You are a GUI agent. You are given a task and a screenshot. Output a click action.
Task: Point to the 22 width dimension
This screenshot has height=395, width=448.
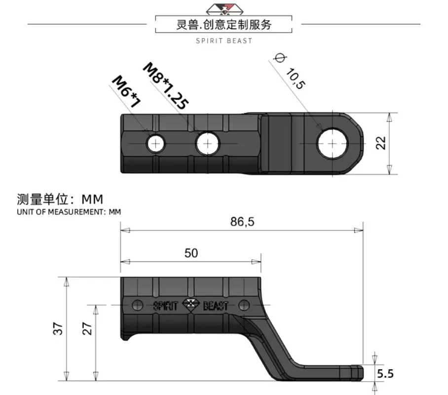coord(380,143)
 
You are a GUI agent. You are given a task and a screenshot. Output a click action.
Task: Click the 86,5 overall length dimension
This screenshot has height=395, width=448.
coord(242,222)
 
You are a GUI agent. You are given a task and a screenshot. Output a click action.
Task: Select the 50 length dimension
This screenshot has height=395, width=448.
coord(191,253)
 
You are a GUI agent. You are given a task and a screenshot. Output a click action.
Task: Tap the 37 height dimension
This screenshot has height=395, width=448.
coord(59,328)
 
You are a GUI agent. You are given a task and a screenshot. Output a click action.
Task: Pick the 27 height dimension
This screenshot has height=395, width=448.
coord(87,328)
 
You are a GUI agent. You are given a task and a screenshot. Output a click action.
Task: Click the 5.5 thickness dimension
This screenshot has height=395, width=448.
coord(385,374)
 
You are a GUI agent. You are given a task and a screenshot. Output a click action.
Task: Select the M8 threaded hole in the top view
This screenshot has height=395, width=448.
coord(208,144)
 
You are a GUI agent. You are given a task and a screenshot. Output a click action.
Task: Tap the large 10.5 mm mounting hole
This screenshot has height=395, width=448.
coord(333,143)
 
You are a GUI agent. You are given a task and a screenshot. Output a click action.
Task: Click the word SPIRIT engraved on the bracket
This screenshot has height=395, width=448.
coord(165,306)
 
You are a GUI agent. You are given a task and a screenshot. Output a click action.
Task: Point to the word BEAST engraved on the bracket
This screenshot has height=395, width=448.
coord(216,306)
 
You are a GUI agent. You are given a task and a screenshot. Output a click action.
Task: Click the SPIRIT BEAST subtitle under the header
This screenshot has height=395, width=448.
coord(224,41)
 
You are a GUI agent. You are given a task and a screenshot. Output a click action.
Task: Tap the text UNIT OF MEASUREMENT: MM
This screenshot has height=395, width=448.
coord(69,212)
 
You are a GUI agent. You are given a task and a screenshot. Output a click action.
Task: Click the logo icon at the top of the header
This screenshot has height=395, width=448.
coord(224,7)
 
